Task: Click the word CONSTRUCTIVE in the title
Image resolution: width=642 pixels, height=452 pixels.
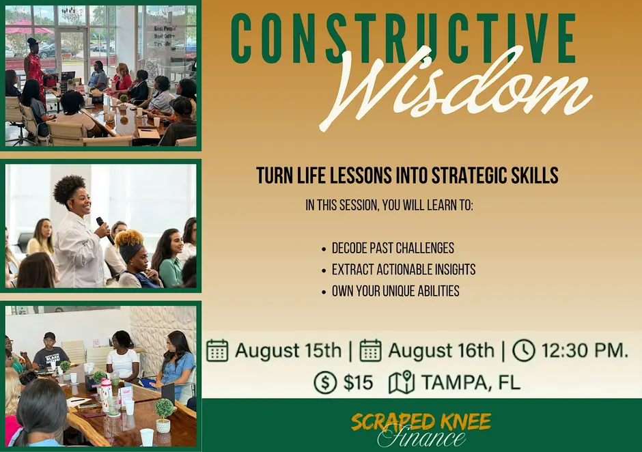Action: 404,40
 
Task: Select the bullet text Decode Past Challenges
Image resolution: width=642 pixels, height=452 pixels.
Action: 393,248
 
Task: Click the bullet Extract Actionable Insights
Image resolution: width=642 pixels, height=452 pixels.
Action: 403,270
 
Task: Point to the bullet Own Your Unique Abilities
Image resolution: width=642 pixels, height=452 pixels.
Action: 395,291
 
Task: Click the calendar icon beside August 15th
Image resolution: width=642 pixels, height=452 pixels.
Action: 217,350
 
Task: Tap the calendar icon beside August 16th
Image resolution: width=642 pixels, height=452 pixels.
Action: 371,350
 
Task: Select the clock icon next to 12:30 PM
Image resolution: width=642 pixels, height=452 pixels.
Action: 524,350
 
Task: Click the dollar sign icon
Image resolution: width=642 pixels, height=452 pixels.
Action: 325,383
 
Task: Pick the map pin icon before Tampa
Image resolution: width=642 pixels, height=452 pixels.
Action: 402,382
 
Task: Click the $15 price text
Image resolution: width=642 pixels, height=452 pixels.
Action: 359,383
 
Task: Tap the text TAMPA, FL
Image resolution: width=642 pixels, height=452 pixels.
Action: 471,383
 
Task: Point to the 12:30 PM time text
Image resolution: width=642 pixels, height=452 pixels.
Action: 585,350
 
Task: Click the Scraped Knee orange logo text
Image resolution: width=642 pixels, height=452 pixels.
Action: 421,422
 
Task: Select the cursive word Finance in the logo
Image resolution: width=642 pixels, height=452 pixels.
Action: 421,438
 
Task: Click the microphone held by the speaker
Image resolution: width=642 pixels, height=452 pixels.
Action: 104,231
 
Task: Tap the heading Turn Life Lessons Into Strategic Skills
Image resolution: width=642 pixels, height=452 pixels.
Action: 407,175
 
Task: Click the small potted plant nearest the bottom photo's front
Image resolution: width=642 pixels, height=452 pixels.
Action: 164,415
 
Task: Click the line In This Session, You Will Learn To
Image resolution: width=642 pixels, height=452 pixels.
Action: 389,205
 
